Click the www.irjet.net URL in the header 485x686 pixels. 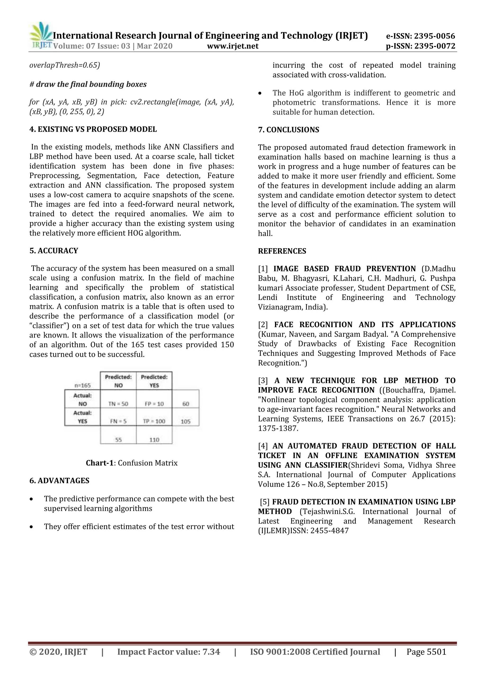tap(233, 46)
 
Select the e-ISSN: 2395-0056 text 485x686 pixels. tap(421, 36)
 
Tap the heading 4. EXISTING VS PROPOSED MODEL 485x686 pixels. tap(93, 129)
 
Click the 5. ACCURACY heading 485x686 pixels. tap(54, 251)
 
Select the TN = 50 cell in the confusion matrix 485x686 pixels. tap(118, 404)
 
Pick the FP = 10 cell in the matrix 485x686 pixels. tap(154, 404)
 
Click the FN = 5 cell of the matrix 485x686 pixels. tap(118, 421)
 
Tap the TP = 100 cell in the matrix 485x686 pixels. tap(154, 421)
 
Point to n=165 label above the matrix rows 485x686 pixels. tap(82, 385)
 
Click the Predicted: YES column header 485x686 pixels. tap(154, 381)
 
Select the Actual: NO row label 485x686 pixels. tap(82, 399)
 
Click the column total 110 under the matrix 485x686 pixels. tap(154, 439)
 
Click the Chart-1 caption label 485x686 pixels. tap(100, 463)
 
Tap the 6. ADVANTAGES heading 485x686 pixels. tap(59, 481)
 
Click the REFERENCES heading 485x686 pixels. tap(282, 251)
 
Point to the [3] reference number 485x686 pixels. tap(263, 381)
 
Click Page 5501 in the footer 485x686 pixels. tap(426, 652)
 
